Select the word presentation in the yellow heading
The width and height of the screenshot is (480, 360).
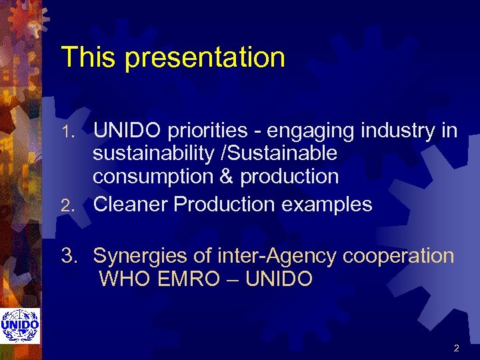205,59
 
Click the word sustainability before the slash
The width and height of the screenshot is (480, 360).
156,155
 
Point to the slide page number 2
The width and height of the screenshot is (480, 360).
456,348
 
